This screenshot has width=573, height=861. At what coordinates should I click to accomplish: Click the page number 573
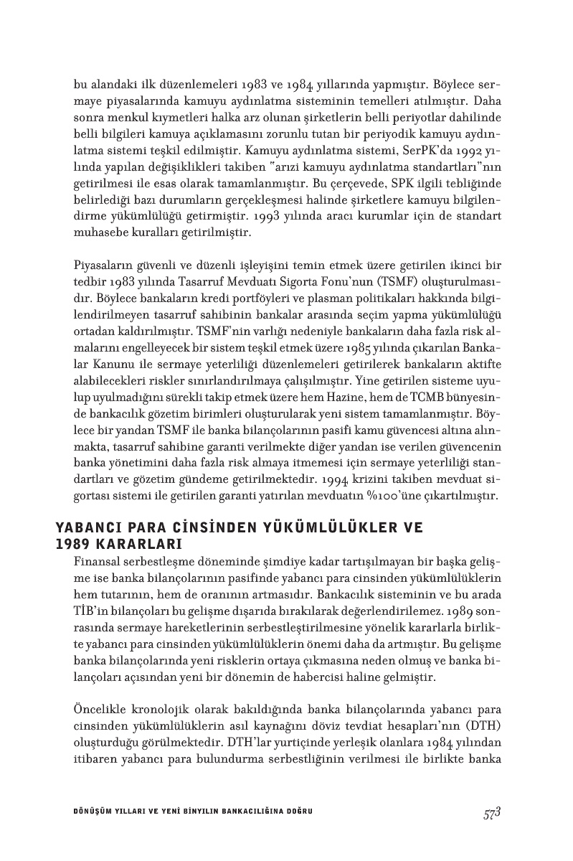pos(491,812)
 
